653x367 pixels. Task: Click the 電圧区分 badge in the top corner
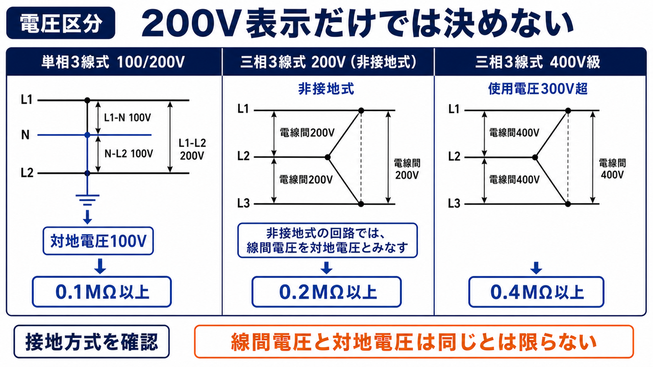tap(61, 23)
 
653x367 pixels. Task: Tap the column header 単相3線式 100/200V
tap(113, 62)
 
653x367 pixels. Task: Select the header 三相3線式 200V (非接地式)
tap(328, 62)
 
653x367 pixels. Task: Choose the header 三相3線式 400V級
tap(538, 62)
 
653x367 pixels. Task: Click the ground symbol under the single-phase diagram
tap(87, 199)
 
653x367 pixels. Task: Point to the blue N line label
tap(26, 135)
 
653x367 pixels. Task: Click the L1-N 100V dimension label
tap(128, 118)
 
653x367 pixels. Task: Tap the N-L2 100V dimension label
tap(129, 153)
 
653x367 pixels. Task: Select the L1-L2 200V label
tap(192, 149)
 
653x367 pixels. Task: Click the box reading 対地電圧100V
tap(98, 241)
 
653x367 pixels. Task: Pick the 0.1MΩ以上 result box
tap(102, 292)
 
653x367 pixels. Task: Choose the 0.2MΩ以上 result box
tap(327, 292)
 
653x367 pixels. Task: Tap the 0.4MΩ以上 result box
tap(536, 292)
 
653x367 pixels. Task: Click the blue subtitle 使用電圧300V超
tap(538, 89)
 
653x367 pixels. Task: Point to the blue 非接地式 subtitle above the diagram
tap(326, 89)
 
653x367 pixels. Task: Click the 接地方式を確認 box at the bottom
tap(91, 342)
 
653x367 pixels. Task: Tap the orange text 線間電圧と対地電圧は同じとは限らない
tap(414, 342)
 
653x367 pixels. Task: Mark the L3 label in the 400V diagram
tap(454, 203)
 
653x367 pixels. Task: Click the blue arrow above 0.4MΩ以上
tap(536, 268)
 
